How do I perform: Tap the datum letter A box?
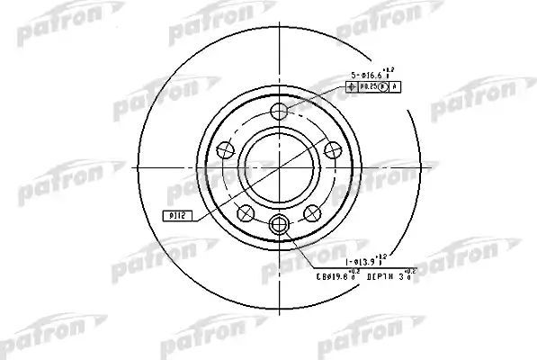click(x=395, y=87)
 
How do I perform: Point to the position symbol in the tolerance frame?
click(x=352, y=87)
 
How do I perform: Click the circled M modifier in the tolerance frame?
click(x=382, y=87)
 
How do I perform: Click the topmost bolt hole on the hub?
click(x=279, y=112)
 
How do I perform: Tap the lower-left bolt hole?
click(x=244, y=211)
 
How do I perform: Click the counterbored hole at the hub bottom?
click(x=279, y=225)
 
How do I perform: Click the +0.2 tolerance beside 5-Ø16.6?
click(x=389, y=70)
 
